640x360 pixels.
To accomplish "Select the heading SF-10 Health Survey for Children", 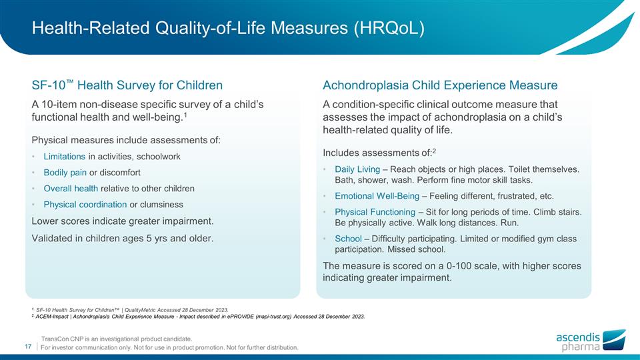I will (127, 85).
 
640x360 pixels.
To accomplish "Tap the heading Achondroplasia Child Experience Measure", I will (440, 85).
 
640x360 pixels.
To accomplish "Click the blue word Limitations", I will (64, 157).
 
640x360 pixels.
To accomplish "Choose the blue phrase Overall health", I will (71, 189).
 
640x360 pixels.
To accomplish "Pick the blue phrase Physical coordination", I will (85, 205).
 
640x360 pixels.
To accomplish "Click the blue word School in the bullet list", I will (347, 239).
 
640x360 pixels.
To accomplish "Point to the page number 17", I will (29, 346).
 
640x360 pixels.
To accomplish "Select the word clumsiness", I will (161, 205).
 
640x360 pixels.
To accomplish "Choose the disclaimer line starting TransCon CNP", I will (117, 339).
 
